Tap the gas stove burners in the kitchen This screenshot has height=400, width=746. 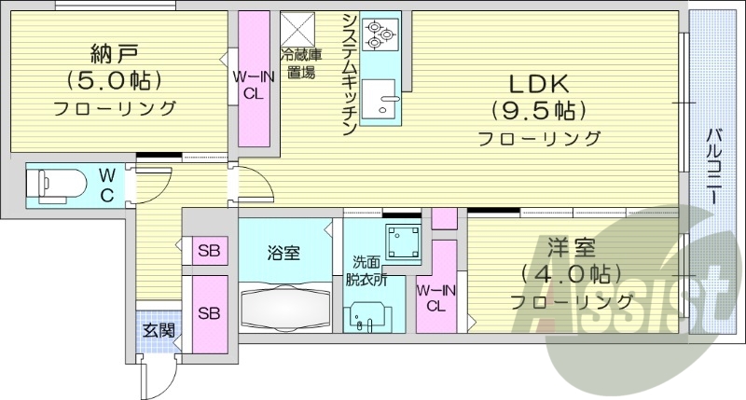(380, 34)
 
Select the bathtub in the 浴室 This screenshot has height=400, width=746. (286, 302)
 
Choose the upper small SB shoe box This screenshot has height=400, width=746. (208, 251)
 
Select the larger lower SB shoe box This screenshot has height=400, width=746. (208, 312)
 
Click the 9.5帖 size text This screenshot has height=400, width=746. (539, 110)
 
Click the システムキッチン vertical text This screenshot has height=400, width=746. (348, 75)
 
